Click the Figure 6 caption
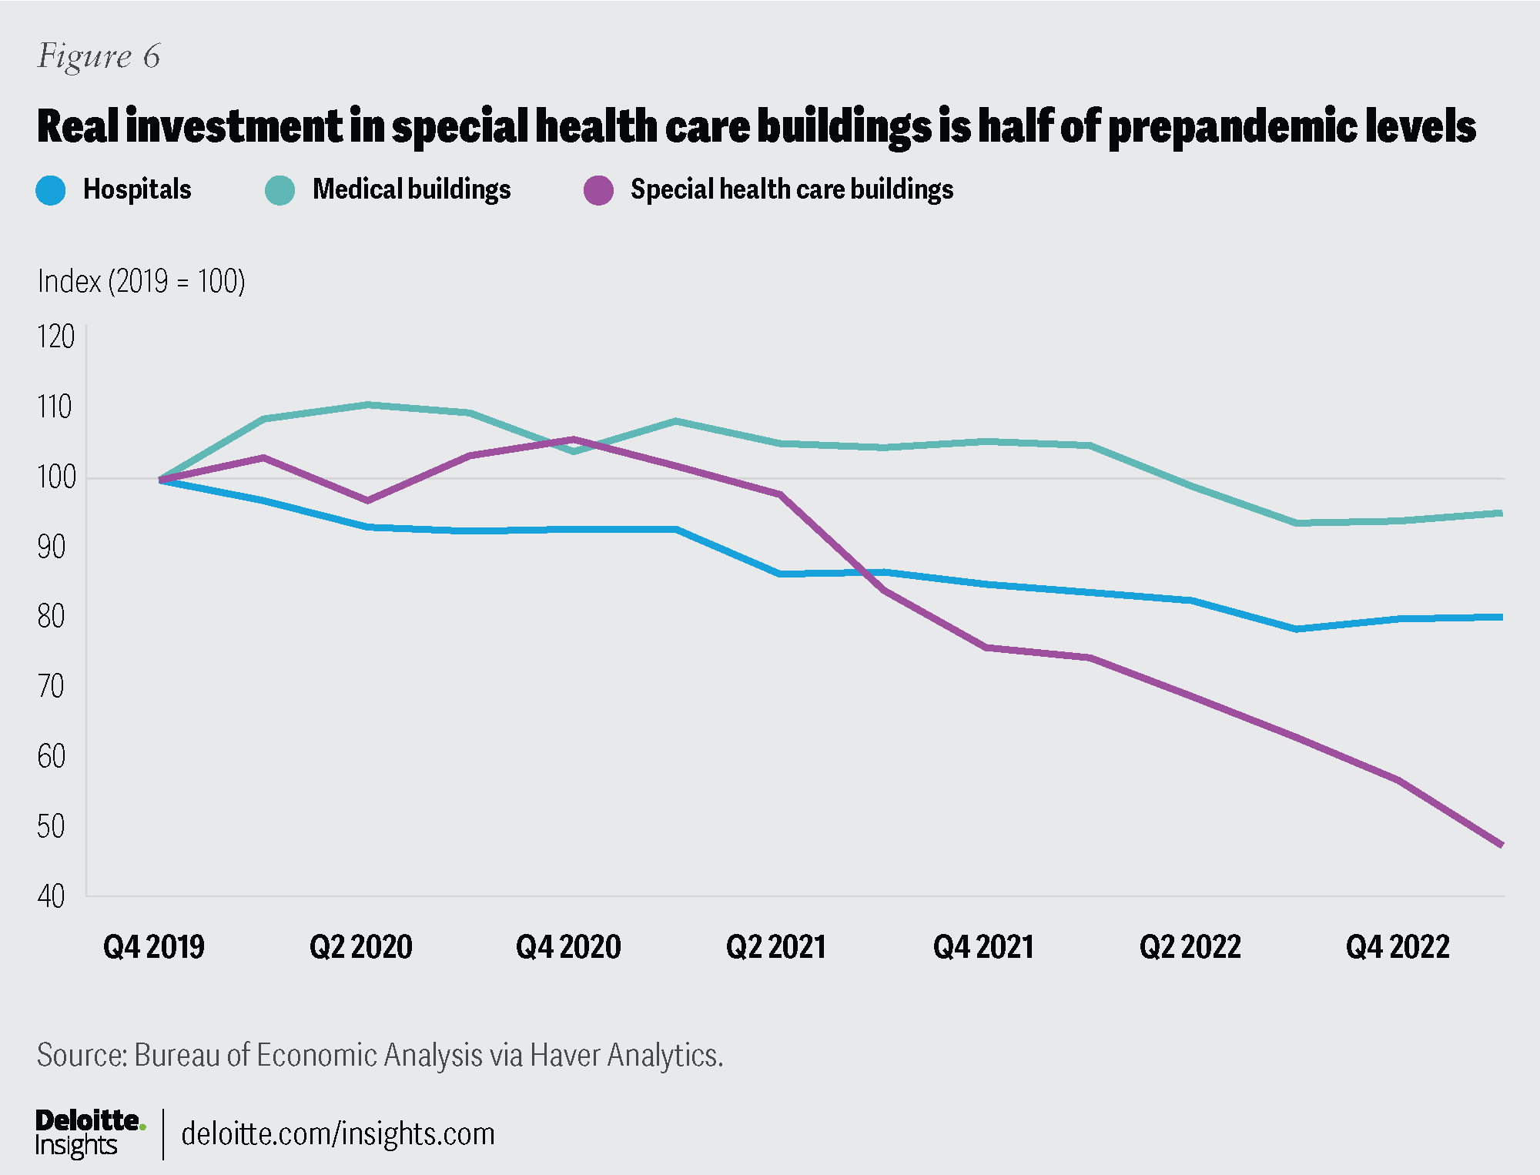point(99,56)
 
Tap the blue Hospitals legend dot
point(51,190)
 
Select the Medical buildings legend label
point(411,189)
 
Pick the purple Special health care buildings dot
point(598,190)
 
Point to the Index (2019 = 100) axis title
point(141,282)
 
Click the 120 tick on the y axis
point(55,337)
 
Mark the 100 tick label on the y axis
point(56,477)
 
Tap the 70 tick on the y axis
point(51,686)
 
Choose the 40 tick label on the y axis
point(51,896)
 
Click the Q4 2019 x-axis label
point(154,947)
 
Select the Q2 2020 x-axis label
point(360,947)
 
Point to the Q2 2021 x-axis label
point(775,947)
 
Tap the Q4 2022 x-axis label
point(1398,947)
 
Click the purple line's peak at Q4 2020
point(573,440)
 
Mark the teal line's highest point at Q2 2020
point(367,404)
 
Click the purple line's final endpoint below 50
point(1501,845)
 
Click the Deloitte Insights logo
point(89,1133)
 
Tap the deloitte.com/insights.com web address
point(337,1134)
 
